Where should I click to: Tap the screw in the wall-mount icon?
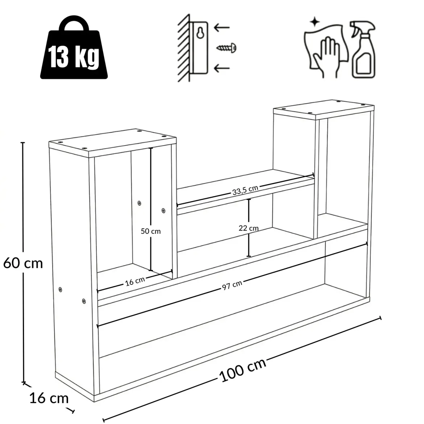[226, 48]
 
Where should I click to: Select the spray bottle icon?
[363, 50]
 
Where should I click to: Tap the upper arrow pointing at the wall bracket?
[222, 28]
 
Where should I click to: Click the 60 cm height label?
[23, 263]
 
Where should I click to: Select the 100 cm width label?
[242, 370]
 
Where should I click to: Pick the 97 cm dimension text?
[232, 285]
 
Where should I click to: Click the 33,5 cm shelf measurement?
[245, 190]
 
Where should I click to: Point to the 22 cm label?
[249, 228]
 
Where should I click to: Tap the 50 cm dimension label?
[151, 231]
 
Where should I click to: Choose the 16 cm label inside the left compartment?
[135, 281]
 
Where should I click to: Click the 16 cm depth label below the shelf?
[49, 398]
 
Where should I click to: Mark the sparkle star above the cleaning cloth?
[315, 22]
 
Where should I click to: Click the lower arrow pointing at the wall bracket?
[222, 68]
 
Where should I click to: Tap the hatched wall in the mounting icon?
[184, 48]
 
